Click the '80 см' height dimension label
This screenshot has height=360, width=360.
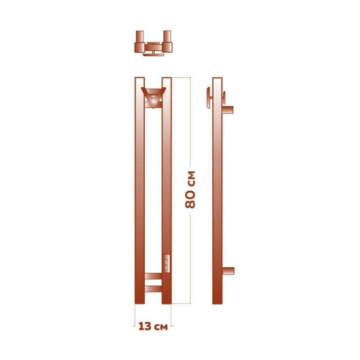tap(191, 190)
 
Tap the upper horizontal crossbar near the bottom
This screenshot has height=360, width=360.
tap(153, 275)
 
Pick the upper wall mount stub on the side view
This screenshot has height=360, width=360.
tap(228, 110)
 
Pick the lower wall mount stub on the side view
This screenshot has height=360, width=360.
tap(228, 271)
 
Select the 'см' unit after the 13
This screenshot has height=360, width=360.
tap(161, 326)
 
